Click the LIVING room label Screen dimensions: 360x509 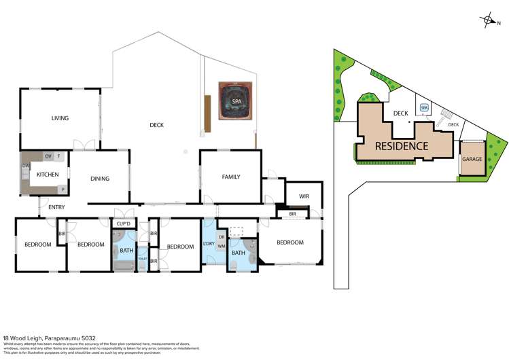click(x=60, y=118)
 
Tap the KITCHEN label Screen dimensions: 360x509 click(x=48, y=175)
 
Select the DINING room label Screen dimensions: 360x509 click(x=100, y=179)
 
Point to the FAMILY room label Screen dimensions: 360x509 click(x=231, y=177)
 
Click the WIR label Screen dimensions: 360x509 click(x=303, y=197)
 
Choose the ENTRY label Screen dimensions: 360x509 click(x=56, y=207)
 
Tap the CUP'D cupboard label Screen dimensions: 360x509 click(x=123, y=223)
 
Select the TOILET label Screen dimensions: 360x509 click(x=143, y=259)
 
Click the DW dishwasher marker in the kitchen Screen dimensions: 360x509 click(x=25, y=165)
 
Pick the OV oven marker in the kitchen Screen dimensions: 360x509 click(x=48, y=156)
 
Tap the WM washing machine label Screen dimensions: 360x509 click(x=222, y=247)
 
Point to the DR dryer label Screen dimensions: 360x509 click(x=222, y=237)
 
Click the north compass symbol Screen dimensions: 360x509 click(x=489, y=20)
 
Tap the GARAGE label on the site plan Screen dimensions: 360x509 click(x=472, y=159)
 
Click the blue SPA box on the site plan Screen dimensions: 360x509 click(x=424, y=108)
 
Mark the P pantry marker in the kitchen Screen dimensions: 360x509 click(x=63, y=190)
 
